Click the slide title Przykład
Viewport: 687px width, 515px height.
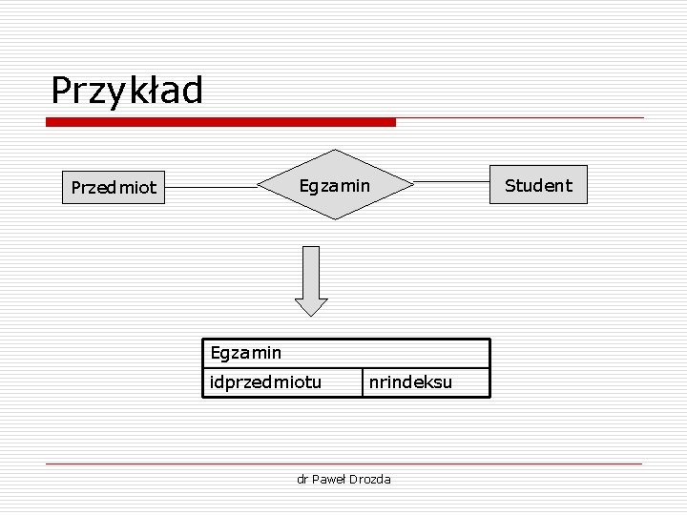pos(127,92)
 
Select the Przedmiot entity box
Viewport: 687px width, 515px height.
pos(114,188)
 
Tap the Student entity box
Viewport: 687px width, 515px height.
pos(538,185)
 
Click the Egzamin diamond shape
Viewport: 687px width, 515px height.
pos(335,185)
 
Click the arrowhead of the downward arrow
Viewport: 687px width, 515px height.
pos(311,306)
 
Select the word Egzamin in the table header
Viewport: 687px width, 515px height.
pos(246,353)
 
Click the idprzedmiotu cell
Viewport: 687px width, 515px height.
pos(266,382)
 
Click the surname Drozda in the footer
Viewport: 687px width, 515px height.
pos(372,479)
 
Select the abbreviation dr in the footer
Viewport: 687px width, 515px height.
pos(302,479)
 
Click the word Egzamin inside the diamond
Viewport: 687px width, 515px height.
pos(335,185)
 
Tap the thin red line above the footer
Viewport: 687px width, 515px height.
pos(343,463)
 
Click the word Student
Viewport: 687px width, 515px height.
pos(538,185)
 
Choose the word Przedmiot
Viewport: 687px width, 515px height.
pos(114,188)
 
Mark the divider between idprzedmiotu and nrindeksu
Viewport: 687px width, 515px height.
pos(363,381)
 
